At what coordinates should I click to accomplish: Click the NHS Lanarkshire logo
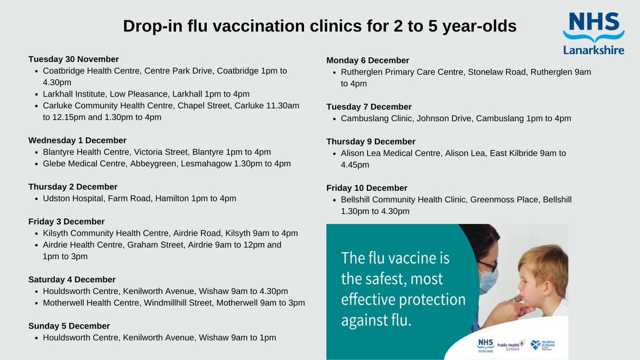pos(594,33)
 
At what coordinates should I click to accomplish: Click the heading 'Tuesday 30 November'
pos(74,59)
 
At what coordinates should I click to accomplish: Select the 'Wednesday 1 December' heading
pos(77,140)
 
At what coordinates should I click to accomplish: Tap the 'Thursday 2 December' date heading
pos(73,187)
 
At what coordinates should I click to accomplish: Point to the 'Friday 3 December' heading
pos(67,221)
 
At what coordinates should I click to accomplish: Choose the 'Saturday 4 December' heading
pos(72,279)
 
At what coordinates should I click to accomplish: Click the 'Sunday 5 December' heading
pos(69,326)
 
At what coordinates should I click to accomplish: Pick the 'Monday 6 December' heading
pos(368,60)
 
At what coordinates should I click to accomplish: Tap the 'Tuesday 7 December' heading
pos(369,107)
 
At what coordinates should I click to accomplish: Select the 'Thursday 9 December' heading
pos(371,141)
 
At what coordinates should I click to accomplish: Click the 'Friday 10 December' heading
pos(367,188)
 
